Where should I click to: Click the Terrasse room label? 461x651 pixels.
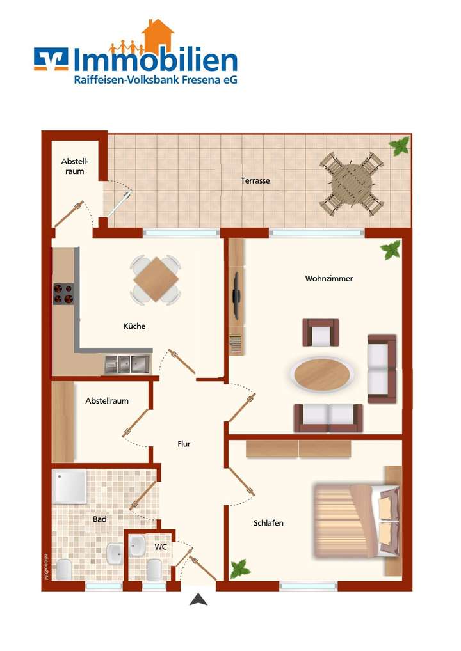(255, 181)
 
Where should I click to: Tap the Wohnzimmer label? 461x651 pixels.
(329, 279)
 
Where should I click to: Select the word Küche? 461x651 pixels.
(134, 326)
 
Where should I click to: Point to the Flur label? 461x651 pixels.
(184, 444)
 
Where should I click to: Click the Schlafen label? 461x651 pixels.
(268, 523)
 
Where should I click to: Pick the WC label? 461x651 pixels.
(160, 547)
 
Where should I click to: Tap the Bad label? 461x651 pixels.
(99, 519)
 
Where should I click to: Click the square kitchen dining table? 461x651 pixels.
(156, 279)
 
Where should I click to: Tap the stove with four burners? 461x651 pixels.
(63, 294)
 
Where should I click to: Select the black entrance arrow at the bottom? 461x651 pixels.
(199, 600)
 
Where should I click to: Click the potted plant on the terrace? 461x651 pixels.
(400, 146)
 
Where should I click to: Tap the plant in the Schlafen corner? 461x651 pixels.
(240, 568)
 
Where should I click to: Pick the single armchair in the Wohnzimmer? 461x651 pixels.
(321, 333)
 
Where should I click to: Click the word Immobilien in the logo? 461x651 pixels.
(155, 61)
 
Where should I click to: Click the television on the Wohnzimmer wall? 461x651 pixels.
(236, 295)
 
